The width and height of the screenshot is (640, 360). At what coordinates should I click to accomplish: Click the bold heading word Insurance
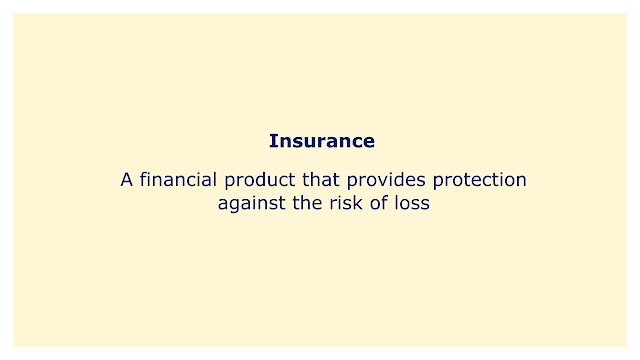[322, 141]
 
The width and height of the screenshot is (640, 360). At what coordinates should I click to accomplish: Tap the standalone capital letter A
[127, 180]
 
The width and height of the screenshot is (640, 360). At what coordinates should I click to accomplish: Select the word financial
[178, 180]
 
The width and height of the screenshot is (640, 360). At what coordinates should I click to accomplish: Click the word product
[260, 180]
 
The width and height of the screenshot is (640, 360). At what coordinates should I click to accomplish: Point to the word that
[321, 180]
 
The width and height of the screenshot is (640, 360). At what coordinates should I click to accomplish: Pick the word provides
[386, 180]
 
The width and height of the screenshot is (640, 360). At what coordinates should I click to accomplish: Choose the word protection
[480, 180]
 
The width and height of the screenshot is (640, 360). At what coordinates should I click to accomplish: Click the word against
[251, 203]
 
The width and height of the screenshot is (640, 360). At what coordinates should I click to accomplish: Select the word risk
[346, 203]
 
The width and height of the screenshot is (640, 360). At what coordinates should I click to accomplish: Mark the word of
[378, 203]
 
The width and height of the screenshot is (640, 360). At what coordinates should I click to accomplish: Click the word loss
[412, 203]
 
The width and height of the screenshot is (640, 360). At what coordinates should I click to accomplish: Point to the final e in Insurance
[369, 143]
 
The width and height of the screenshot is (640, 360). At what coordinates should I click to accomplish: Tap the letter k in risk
[358, 203]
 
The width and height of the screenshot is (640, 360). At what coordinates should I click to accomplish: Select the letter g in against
[234, 206]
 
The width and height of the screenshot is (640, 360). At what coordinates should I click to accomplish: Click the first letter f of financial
[143, 179]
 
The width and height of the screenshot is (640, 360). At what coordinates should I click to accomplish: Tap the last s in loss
[425, 205]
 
